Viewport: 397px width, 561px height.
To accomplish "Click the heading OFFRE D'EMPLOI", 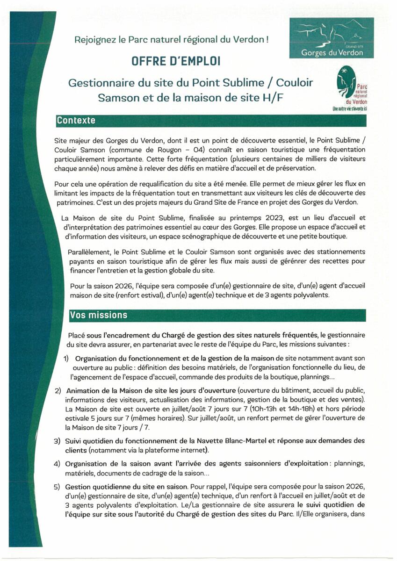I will tap(172, 62).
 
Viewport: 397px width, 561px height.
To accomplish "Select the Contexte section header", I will tap(76, 121).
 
